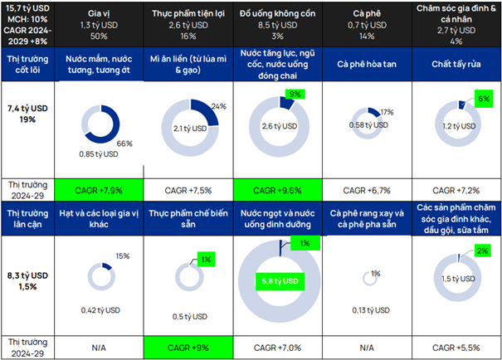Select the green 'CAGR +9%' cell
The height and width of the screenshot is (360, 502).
pos(189,343)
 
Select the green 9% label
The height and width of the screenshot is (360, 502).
pos(294,94)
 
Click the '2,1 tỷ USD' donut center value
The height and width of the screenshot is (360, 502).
pos(190,128)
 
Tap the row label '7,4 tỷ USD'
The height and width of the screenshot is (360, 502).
pos(27,108)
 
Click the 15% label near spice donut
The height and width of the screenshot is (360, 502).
pos(123,255)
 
